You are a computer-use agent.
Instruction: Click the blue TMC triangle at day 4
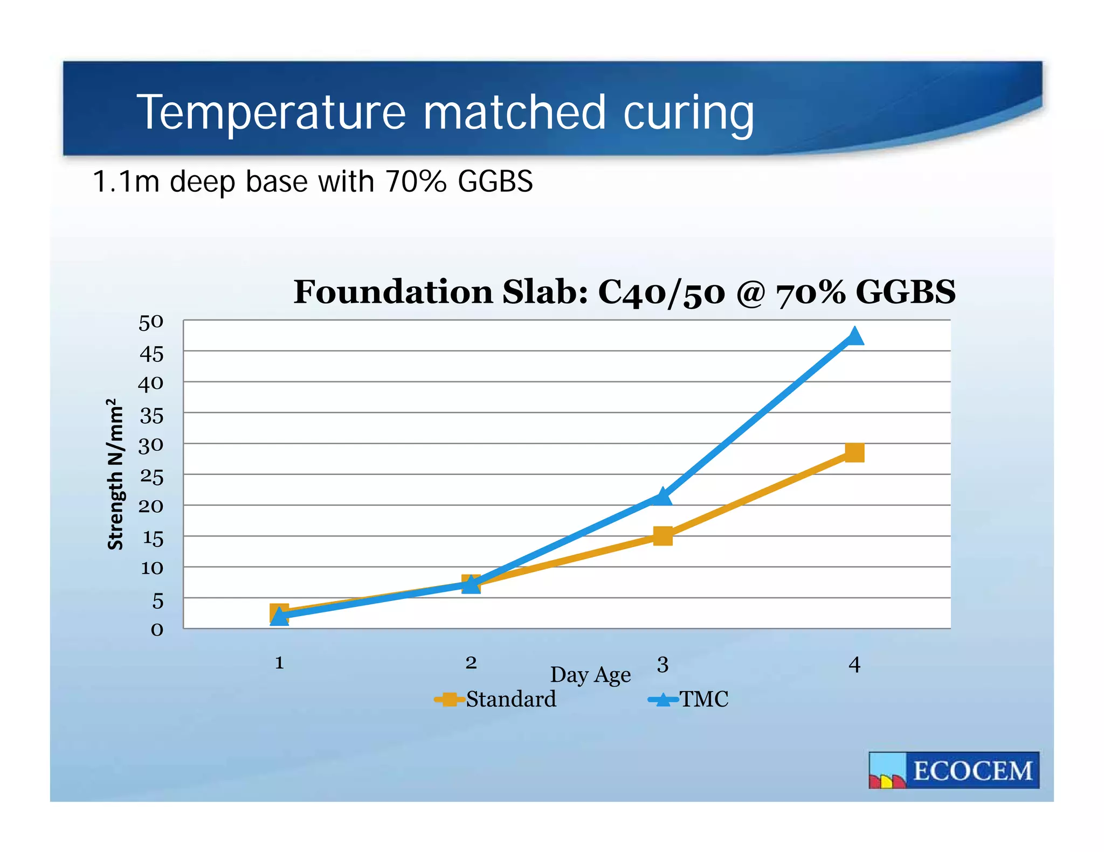854,337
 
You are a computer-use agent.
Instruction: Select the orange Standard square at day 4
854,452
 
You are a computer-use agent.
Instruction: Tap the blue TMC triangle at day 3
663,497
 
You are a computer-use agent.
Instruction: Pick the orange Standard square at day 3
663,536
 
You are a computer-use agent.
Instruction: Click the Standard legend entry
496,699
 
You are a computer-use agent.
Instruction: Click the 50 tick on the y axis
151,323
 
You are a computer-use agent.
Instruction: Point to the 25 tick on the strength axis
151,477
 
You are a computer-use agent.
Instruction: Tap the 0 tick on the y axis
156,630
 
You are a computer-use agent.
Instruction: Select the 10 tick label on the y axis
151,568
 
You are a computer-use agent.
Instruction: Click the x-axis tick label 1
279,662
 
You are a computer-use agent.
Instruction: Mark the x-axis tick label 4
854,665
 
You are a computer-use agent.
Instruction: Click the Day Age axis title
590,675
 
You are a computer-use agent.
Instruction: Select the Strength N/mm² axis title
115,474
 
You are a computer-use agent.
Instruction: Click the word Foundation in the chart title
394,292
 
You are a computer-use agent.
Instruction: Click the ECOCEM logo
954,770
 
